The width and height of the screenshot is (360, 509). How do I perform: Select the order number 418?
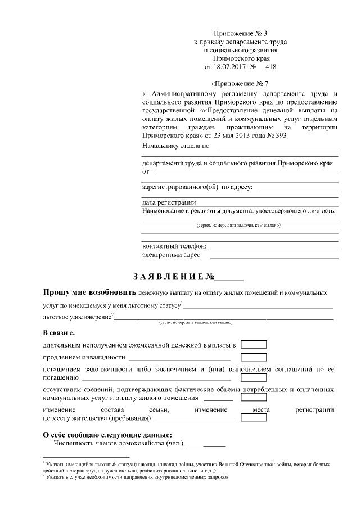coord(269,67)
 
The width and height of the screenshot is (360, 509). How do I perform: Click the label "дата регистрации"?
coord(169,202)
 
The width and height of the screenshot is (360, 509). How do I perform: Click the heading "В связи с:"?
coord(58,332)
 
